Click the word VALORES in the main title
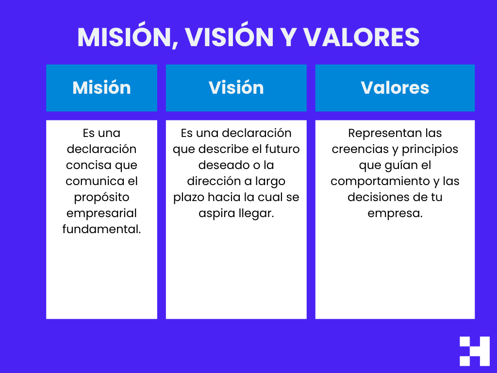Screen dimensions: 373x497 (x=362, y=37)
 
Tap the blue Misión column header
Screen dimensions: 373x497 (x=101, y=88)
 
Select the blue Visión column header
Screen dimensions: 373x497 (x=236, y=88)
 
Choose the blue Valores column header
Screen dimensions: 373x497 (x=395, y=88)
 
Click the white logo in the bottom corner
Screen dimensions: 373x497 (x=474, y=351)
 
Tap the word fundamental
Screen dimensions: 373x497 (x=101, y=229)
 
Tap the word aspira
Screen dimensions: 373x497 (x=215, y=213)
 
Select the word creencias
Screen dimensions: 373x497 (x=359, y=149)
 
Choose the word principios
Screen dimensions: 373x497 (x=430, y=149)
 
